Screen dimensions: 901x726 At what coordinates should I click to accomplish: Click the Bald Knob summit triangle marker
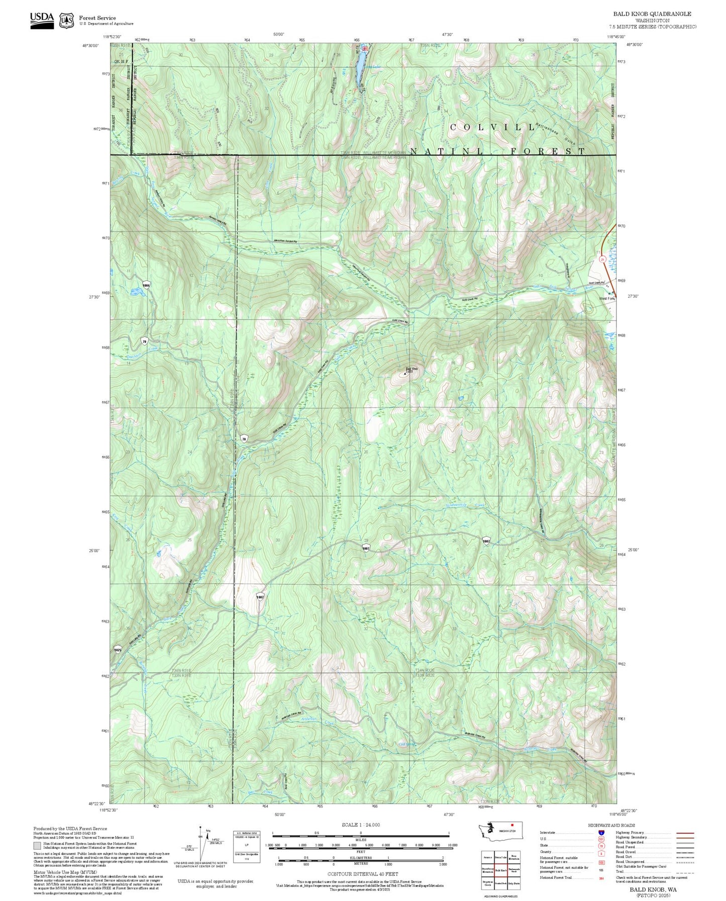pos(405,374)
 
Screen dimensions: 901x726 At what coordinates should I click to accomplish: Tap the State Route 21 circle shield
pos(602,259)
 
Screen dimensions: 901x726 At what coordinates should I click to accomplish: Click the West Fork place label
pos(606,298)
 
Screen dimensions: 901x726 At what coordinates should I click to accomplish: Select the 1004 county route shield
pos(146,285)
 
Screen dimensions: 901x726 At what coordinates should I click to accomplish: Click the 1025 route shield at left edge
pos(118,650)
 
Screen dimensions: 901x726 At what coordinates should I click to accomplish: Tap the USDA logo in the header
pos(42,20)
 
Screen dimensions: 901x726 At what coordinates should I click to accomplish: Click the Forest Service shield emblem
pos(66,20)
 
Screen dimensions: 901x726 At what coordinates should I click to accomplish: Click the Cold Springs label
pos(407,744)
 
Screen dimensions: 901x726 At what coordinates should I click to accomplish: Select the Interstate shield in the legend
pos(601,833)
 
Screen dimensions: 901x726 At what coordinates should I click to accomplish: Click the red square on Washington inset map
pos(512,824)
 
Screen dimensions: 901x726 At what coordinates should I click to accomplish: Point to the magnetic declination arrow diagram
pos(201,844)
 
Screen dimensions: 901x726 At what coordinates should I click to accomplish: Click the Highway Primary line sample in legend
pos(685,833)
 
